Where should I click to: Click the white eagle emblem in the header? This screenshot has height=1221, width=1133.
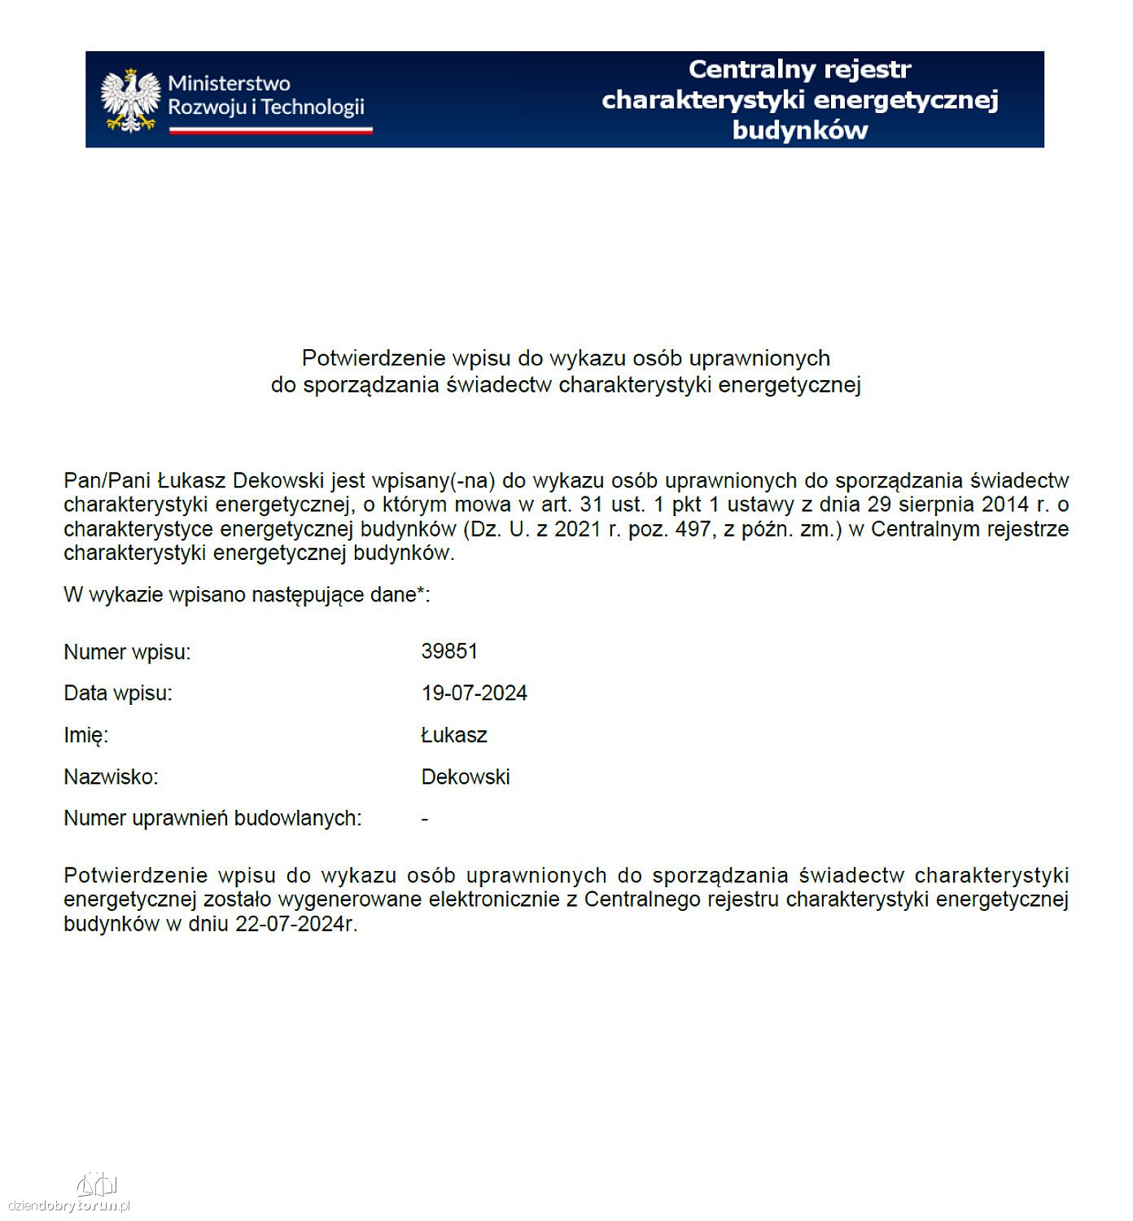coord(130,100)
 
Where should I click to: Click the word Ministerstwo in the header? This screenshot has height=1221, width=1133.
coord(229,83)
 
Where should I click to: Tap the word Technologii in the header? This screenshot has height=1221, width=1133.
coord(313,107)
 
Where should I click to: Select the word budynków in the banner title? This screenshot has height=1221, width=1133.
coord(800,130)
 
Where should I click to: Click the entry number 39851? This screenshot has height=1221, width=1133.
coord(449,651)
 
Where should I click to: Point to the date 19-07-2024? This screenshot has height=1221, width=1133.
coord(474,693)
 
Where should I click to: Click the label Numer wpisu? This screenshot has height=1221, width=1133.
coord(127,652)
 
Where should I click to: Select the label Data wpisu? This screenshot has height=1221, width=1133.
coord(118,694)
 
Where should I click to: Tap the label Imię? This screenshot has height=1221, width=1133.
coord(85,735)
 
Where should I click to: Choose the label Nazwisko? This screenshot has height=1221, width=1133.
coord(111,777)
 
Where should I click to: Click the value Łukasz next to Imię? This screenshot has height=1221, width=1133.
coord(453,735)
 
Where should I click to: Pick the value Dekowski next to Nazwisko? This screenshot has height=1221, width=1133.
coord(465,777)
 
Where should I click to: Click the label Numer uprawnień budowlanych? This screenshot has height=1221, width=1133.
coord(212,818)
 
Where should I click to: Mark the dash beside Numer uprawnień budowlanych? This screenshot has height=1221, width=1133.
coord(425,819)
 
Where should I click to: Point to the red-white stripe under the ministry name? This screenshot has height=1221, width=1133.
coord(270,129)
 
